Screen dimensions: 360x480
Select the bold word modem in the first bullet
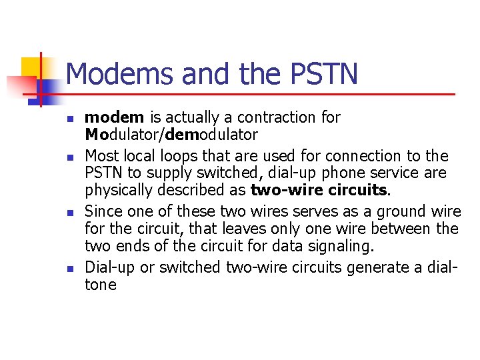tap(114, 118)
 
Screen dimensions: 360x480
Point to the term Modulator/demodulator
tap(171, 135)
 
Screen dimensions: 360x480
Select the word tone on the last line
tap(101, 285)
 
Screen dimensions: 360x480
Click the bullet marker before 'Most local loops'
tap(69, 158)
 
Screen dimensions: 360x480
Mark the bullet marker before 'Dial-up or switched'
tap(69, 269)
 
